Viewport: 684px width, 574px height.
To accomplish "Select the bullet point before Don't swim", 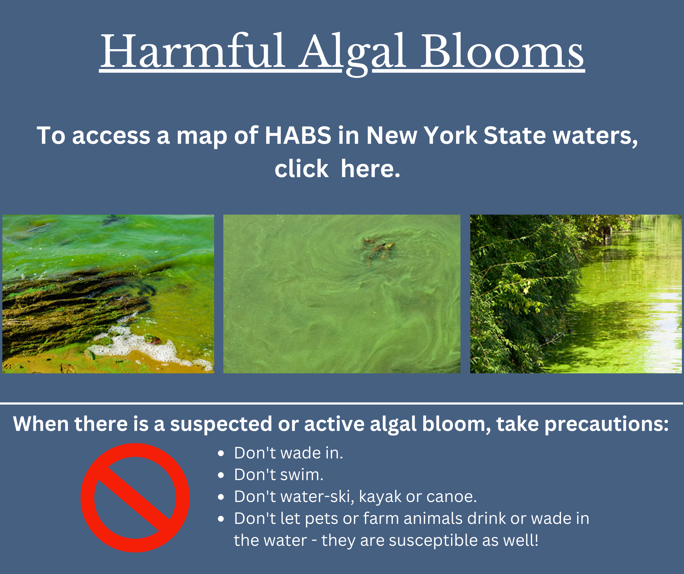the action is coord(221,475).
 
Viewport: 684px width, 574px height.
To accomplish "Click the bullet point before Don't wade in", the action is coord(221,453).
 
